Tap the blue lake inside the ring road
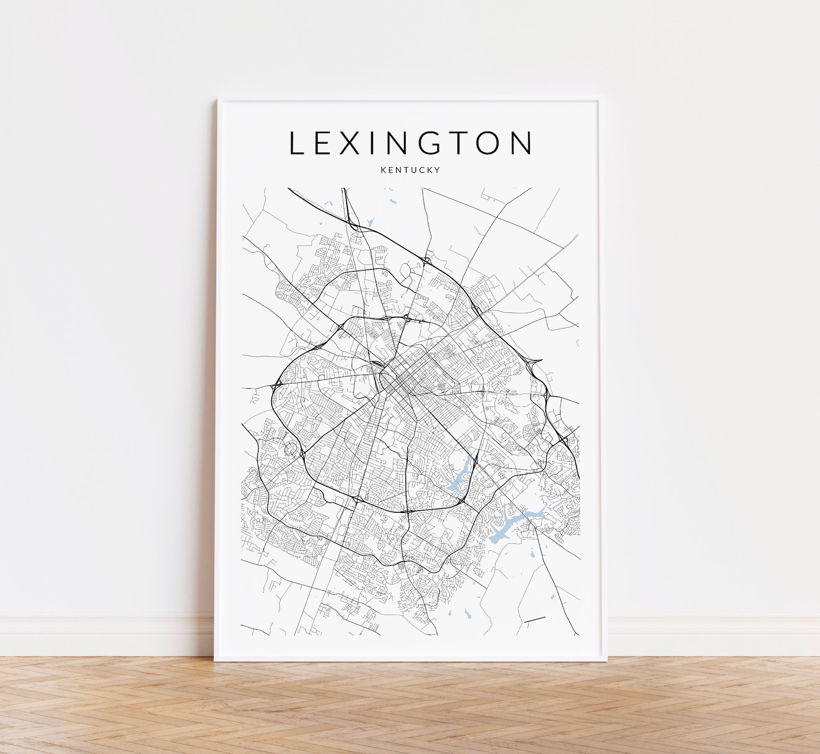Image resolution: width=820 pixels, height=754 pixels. pyautogui.click(x=455, y=482)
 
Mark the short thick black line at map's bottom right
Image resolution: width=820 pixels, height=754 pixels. pyautogui.click(x=535, y=619)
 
